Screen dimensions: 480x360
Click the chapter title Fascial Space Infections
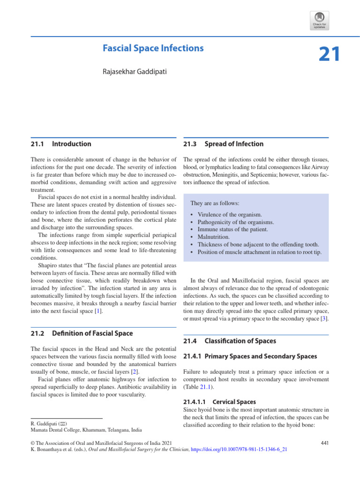click(153, 48)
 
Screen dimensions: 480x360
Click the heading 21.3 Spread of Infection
click(223, 144)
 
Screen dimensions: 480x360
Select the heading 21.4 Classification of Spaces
click(230, 341)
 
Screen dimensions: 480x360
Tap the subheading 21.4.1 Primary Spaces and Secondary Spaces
click(250, 356)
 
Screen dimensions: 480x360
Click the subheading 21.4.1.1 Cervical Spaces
click(220, 402)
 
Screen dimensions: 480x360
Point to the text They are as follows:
click(214, 203)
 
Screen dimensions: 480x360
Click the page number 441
click(324, 442)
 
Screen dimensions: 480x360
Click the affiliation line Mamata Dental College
click(86, 429)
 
